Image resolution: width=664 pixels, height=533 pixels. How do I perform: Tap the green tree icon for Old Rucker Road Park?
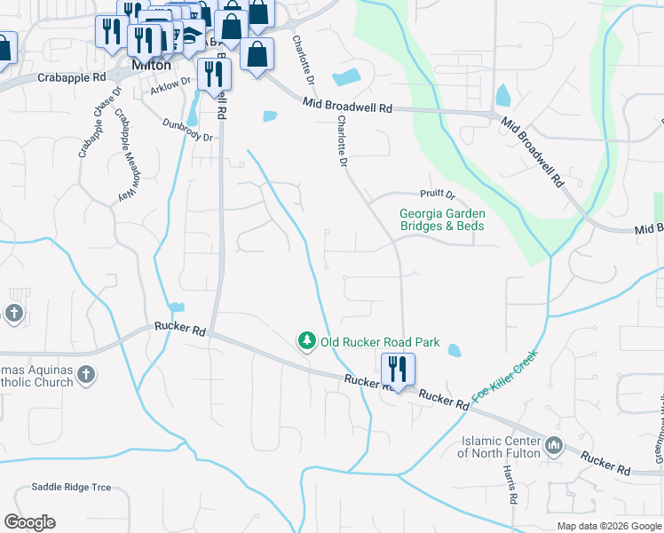click(306, 341)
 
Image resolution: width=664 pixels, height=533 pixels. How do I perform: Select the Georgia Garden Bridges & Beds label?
click(442, 219)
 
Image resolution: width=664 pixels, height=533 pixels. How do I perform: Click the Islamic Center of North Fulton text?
click(501, 448)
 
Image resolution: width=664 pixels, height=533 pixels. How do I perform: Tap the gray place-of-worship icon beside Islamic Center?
click(556, 445)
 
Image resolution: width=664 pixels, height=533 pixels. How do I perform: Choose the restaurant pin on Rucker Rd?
click(397, 367)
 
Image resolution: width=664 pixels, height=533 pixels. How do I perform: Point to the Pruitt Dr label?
click(437, 195)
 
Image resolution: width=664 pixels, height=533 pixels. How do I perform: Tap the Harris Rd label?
click(510, 484)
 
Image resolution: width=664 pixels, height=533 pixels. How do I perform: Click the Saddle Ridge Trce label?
click(71, 487)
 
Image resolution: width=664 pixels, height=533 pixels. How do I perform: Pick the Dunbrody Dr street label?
click(188, 131)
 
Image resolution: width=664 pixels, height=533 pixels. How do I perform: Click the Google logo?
click(29, 522)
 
